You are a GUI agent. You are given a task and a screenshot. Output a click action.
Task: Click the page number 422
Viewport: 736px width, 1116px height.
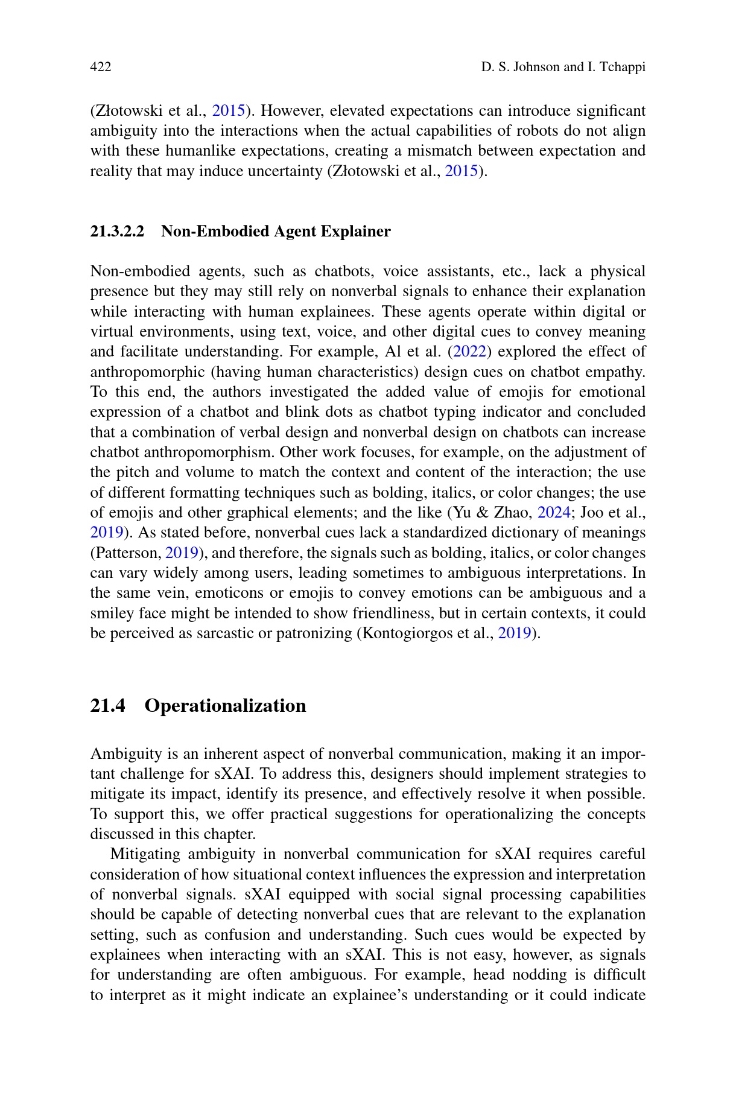coord(101,67)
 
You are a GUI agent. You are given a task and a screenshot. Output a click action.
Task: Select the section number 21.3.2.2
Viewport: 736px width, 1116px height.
coord(117,232)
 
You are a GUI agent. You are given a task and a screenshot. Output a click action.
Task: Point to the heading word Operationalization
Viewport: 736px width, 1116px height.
coord(225,706)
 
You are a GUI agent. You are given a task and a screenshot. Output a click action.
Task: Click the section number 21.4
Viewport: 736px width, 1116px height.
coord(107,706)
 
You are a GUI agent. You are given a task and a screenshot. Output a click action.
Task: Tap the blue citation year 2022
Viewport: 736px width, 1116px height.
coord(469,352)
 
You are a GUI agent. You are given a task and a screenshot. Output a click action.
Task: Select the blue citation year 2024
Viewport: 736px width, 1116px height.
coord(554,513)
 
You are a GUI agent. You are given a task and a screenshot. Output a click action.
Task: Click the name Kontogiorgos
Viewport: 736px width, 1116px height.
coord(401,633)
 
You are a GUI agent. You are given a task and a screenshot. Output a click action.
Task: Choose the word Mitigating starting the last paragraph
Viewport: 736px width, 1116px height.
coord(145,854)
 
